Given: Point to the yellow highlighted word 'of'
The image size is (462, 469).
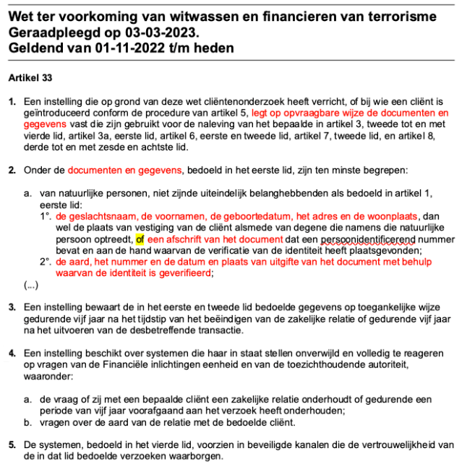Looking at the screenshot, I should [140, 239].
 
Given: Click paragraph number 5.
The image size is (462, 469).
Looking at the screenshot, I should [12, 444].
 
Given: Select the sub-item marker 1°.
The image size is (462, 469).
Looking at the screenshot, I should [47, 216].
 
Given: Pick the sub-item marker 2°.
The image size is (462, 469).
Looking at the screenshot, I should [47, 262].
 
